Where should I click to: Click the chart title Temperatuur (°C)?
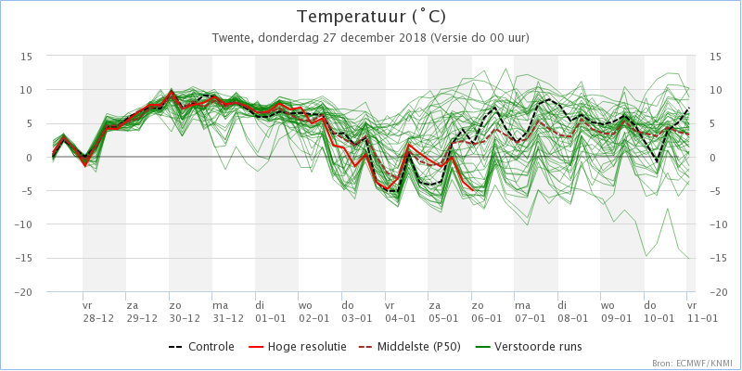371,17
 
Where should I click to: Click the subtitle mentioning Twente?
371,38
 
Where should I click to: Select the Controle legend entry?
201,347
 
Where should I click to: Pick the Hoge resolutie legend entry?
297,347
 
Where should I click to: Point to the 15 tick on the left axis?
26,57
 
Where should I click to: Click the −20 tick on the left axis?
23,292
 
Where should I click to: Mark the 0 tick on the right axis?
712,158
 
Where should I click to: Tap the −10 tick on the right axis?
718,224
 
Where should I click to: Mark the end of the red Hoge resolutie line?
473,190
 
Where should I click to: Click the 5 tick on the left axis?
30,124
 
